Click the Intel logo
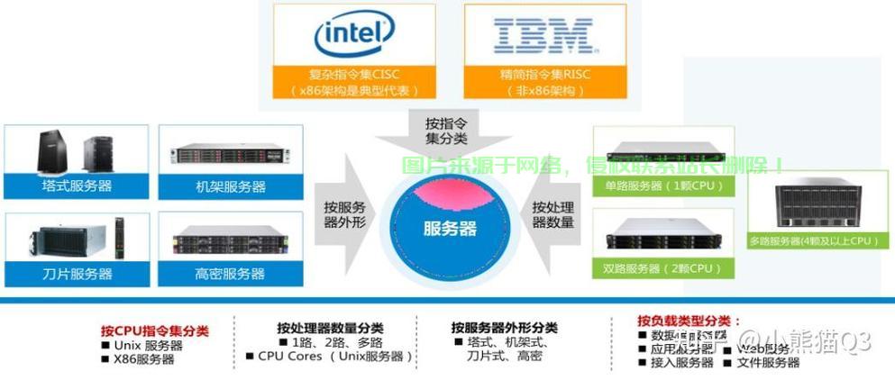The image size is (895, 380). (x=353, y=34)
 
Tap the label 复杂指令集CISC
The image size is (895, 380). (x=352, y=74)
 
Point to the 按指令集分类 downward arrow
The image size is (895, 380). (x=449, y=130)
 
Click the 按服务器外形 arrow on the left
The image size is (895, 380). (x=346, y=213)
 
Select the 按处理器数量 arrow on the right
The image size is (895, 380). (x=553, y=213)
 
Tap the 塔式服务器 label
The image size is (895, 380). (x=77, y=186)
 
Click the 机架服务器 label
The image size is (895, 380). (x=231, y=186)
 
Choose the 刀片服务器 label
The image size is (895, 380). (x=77, y=274)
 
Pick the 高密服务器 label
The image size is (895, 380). (x=231, y=274)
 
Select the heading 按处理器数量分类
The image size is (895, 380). (x=330, y=328)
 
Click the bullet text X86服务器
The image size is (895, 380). (x=144, y=359)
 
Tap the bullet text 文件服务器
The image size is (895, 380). (x=768, y=362)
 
